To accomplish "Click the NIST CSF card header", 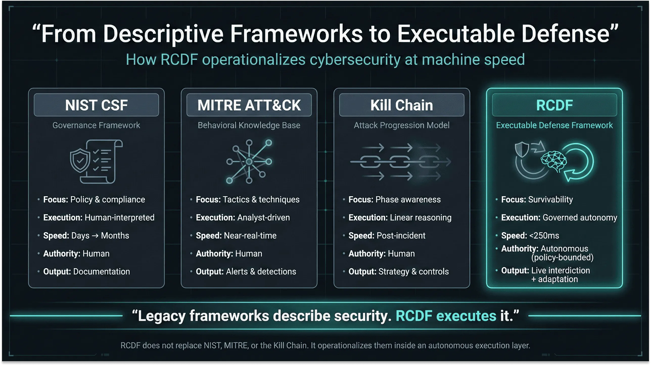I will (x=96, y=105).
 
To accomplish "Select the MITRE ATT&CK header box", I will (x=249, y=105).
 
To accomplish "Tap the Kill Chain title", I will (x=402, y=105).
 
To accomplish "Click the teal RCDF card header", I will (x=554, y=105).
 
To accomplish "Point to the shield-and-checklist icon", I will (x=96, y=161).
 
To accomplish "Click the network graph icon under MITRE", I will (x=249, y=161).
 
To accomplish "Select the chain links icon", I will (x=401, y=162).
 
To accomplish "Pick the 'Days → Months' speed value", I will (x=100, y=236).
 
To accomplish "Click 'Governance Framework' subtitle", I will (x=96, y=125).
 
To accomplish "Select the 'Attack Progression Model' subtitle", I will (x=402, y=125).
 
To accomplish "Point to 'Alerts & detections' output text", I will (x=261, y=271).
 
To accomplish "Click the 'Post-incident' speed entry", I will (x=401, y=236).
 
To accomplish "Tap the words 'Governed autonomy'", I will (x=580, y=217).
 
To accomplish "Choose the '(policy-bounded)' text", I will (x=562, y=257).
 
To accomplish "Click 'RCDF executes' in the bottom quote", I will (x=446, y=316).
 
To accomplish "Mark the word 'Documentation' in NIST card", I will (x=101, y=271).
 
